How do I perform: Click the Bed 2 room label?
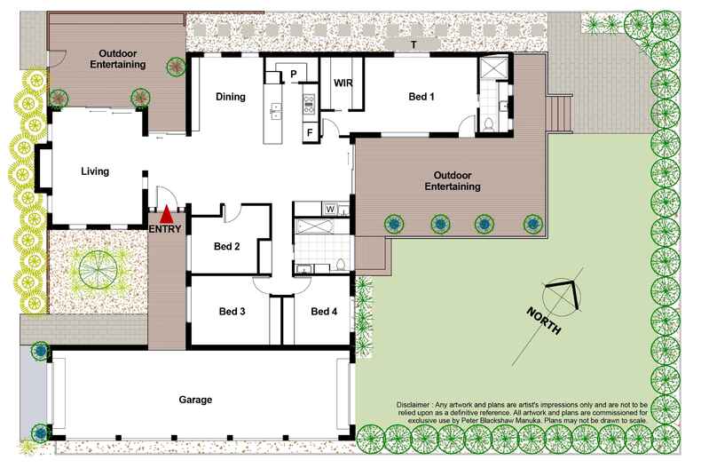pos(227,247)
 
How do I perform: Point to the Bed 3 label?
pos(232,312)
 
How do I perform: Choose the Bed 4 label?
pos(323,312)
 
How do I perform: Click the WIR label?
pos(343,83)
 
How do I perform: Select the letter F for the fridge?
pos(310,133)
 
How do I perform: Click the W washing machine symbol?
pos(330,210)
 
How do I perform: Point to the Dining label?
pos(230,97)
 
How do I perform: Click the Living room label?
pos(95,171)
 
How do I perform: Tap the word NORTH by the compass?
pos(543,320)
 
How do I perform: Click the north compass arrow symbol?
pos(564,294)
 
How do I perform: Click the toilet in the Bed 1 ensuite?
pos(487,123)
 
